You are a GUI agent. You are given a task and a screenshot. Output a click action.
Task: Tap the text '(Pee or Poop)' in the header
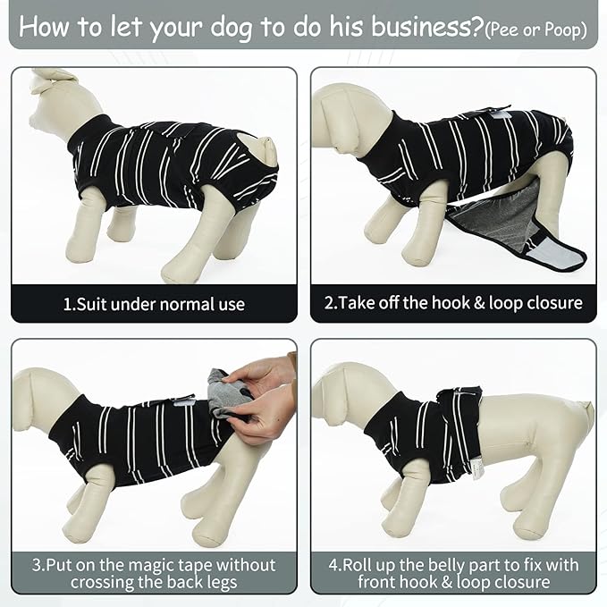(x=535, y=30)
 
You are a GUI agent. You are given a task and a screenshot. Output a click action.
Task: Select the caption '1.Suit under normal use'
(x=154, y=304)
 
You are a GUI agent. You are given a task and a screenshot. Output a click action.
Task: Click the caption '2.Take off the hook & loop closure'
(x=453, y=304)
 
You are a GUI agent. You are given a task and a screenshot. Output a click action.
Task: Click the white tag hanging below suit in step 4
(x=478, y=468)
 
